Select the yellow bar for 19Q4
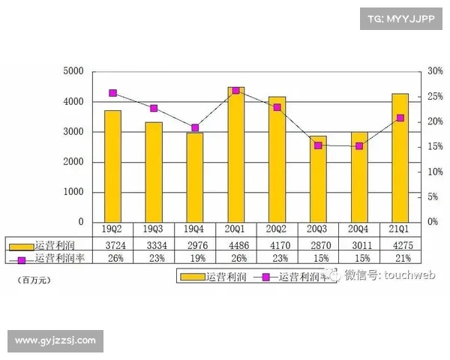[x=195, y=178]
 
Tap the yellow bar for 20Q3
[x=318, y=179]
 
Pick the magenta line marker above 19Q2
[x=112, y=93]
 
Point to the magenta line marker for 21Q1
[x=400, y=118]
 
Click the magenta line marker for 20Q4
[x=359, y=145]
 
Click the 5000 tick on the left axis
[x=73, y=71]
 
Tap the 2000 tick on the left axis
[x=73, y=162]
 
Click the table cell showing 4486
[x=235, y=244]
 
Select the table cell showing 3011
[x=359, y=244]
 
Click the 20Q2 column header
[x=277, y=229]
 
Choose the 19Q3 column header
[x=154, y=229]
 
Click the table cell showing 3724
[x=112, y=244]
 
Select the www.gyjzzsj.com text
[x=55, y=340]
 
